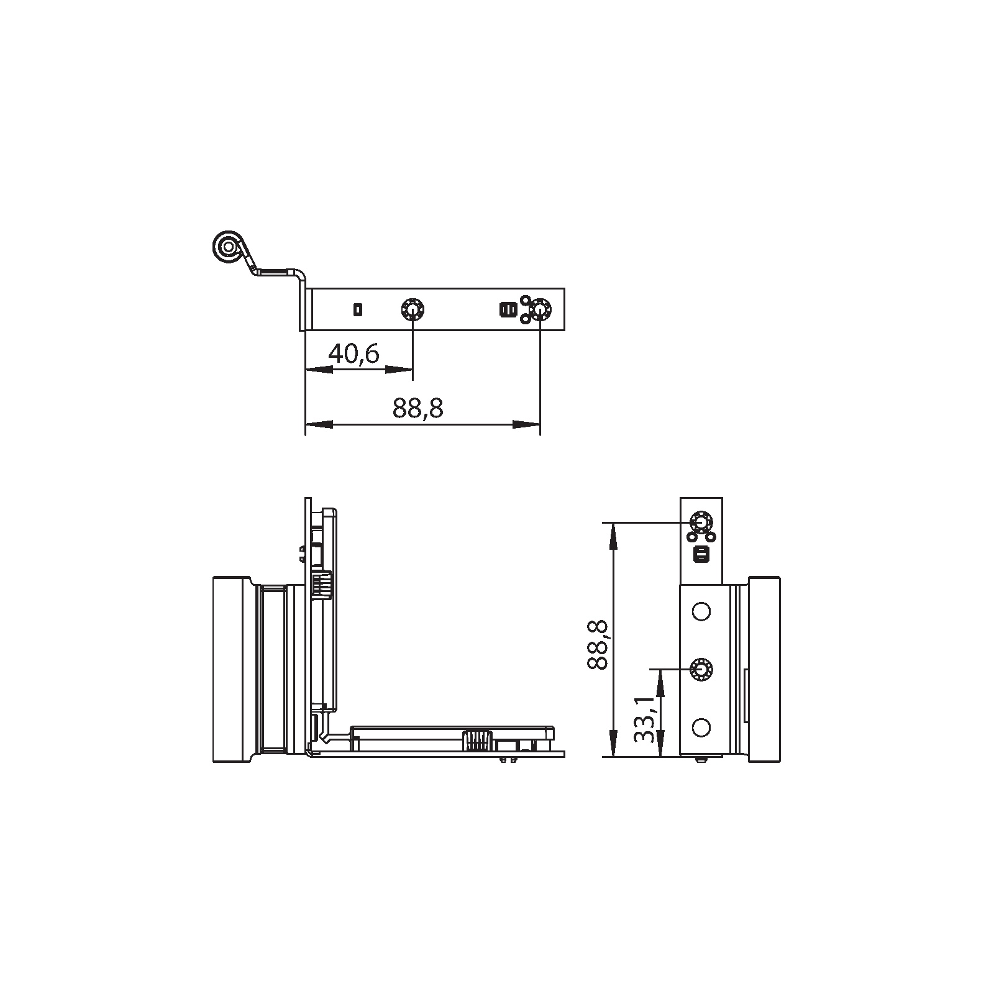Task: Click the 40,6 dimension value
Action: [353, 353]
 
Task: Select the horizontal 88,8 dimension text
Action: [418, 408]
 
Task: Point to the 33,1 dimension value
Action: [644, 719]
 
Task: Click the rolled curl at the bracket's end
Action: [225, 248]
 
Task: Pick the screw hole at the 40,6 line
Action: [413, 309]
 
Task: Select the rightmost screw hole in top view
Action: [540, 309]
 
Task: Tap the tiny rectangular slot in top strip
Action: [357, 309]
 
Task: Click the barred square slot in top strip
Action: [508, 309]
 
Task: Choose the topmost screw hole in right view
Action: [701, 522]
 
